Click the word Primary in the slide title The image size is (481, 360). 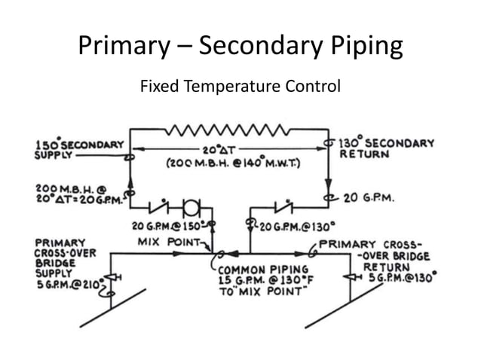(125, 46)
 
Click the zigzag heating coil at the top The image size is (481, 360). (229, 130)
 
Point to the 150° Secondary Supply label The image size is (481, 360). (80, 149)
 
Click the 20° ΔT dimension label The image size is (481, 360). (229, 151)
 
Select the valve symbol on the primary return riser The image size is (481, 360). (348, 277)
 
